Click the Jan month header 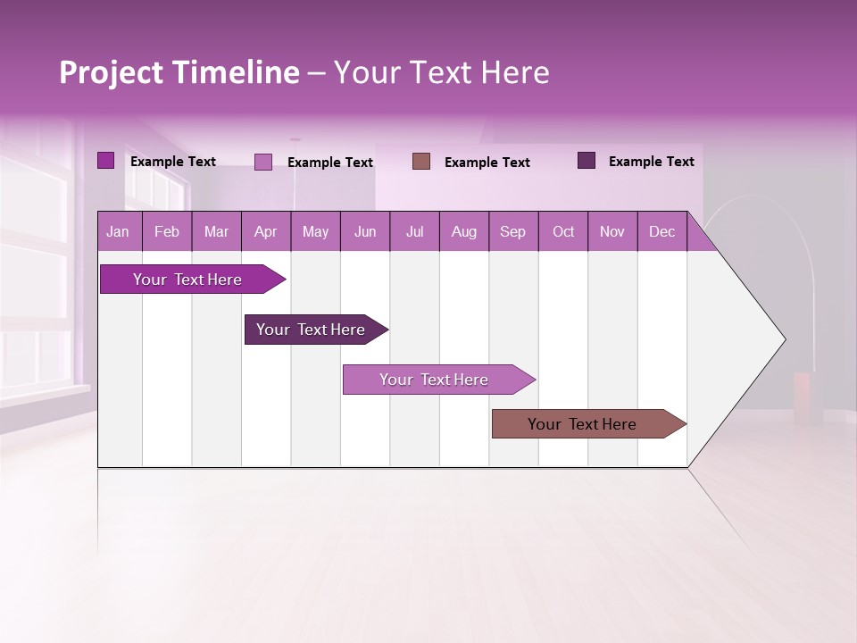[x=118, y=232]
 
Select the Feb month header [x=167, y=232]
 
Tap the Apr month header [x=265, y=232]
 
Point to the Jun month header [x=365, y=232]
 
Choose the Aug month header [x=463, y=232]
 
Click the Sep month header [x=512, y=232]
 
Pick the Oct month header [x=563, y=232]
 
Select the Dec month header [x=661, y=232]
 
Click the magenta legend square [x=105, y=161]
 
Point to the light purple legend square [x=262, y=162]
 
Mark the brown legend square [x=421, y=161]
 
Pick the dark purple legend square [x=586, y=161]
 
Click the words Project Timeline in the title [x=179, y=72]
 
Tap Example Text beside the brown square [x=487, y=163]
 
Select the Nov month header [x=612, y=232]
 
